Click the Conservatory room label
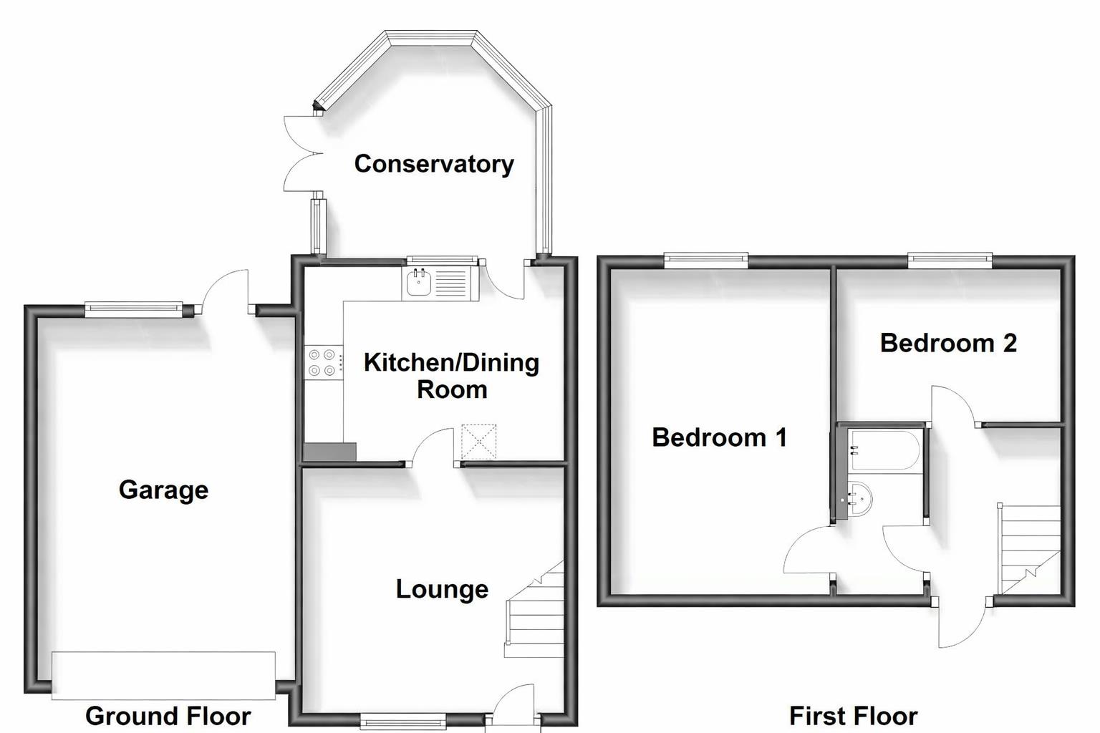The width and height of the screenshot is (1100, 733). pyautogui.click(x=434, y=164)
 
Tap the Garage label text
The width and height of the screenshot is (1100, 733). pyautogui.click(x=163, y=490)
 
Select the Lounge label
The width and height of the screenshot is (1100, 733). pyautogui.click(x=442, y=589)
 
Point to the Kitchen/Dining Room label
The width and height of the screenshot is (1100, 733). pyautogui.click(x=451, y=376)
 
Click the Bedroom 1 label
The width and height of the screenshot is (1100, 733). pyautogui.click(x=719, y=437)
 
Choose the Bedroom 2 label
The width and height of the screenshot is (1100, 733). pyautogui.click(x=948, y=343)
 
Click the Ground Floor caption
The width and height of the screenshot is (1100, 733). pyautogui.click(x=168, y=716)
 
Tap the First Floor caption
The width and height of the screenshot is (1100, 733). pyautogui.click(x=853, y=716)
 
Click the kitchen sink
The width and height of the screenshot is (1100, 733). pyautogui.click(x=418, y=283)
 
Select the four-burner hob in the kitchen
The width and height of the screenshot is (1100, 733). pyautogui.click(x=322, y=361)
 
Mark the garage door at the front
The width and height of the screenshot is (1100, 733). pyautogui.click(x=163, y=675)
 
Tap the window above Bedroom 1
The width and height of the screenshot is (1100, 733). pyautogui.click(x=706, y=260)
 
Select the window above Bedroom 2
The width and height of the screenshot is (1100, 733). pyautogui.click(x=950, y=260)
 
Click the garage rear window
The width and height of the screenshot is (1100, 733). pyautogui.click(x=134, y=309)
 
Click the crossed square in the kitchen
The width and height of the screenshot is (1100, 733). pyautogui.click(x=478, y=442)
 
